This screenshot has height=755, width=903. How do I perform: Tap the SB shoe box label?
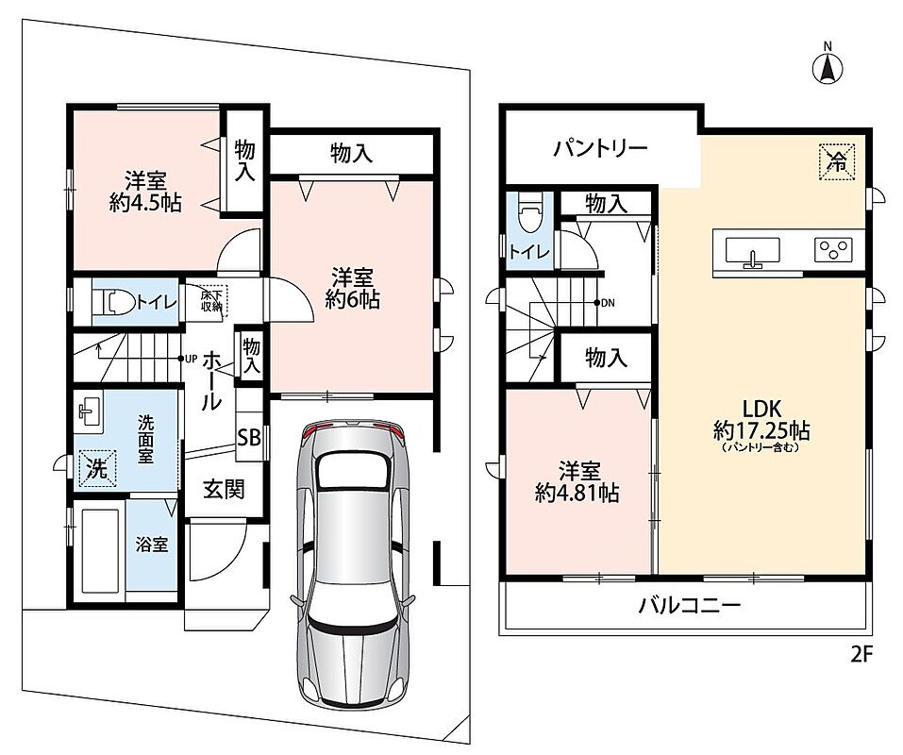(249, 438)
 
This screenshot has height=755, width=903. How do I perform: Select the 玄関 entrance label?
(224, 490)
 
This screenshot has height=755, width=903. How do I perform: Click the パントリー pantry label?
(601, 148)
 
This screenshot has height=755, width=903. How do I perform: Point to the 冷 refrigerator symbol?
(837, 161)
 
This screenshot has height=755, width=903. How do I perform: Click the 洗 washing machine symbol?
(97, 468)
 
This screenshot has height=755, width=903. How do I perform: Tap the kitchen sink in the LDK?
(752, 252)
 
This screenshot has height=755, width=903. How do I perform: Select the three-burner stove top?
(833, 250)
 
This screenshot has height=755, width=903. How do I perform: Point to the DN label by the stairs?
(608, 303)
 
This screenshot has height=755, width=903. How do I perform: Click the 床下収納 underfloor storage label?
(211, 301)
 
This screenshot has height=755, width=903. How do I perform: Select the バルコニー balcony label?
(690, 606)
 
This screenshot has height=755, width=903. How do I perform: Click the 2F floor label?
(862, 655)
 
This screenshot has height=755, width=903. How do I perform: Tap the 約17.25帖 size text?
(761, 430)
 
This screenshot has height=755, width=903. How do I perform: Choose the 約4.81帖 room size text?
(577, 493)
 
